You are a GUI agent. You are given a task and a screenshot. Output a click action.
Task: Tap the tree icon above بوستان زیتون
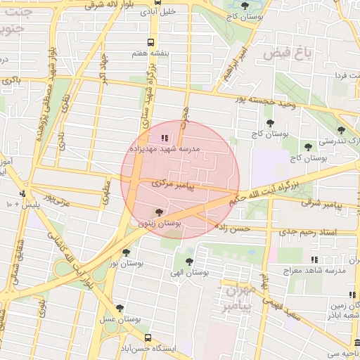(158, 212)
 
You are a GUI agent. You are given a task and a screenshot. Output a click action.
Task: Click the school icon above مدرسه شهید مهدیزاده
(165, 139)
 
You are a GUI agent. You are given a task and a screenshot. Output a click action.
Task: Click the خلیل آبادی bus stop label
(159, 13)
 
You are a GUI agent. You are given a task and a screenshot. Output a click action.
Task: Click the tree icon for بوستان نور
(126, 252)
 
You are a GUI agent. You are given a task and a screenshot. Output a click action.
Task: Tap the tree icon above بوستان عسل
(119, 308)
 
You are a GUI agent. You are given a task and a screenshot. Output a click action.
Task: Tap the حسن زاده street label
(233, 229)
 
